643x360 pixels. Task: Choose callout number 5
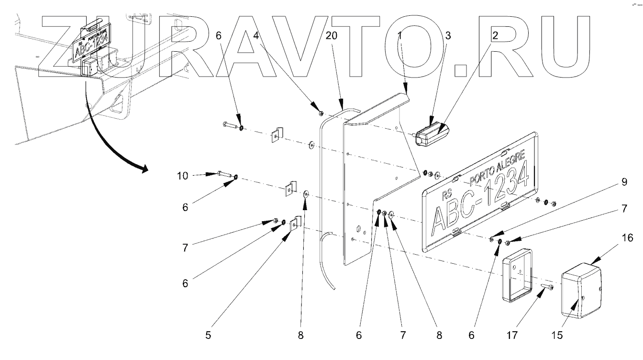pos(208,336)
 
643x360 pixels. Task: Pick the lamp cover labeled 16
pos(581,290)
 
